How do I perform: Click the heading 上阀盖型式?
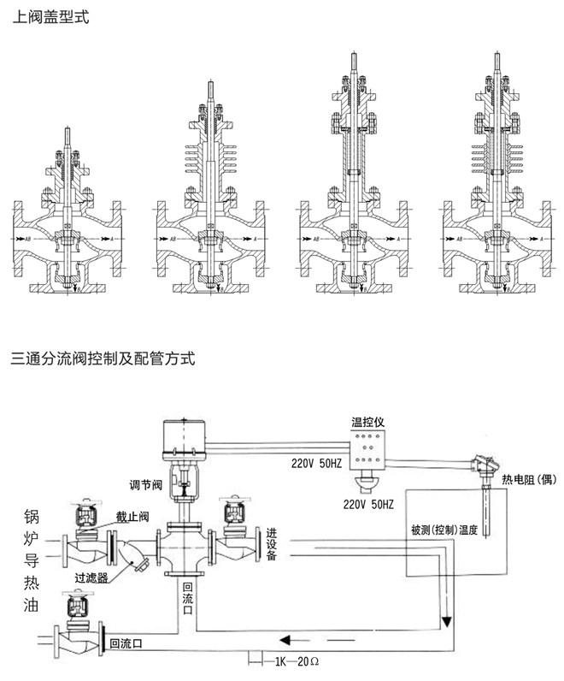(x=49, y=16)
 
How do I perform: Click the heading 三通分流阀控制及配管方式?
(x=103, y=358)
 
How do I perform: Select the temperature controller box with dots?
(x=370, y=449)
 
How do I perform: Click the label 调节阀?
(x=144, y=482)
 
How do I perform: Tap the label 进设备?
(x=271, y=545)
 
